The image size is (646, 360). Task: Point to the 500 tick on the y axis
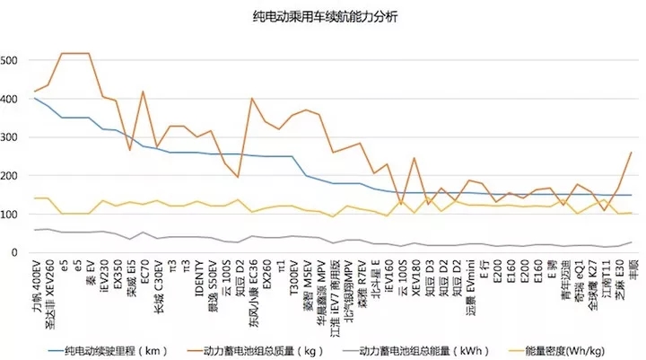[9, 61]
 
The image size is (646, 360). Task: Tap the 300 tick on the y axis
[9, 137]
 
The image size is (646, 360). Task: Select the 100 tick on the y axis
[9, 215]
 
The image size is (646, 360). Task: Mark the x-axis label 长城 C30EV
[159, 285]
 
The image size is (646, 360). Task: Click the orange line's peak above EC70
[143, 91]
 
